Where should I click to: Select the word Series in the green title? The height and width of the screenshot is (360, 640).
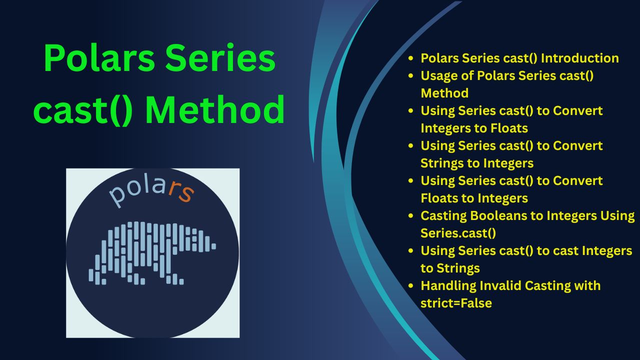point(220,58)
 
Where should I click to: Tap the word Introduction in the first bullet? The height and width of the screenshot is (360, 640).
point(580,58)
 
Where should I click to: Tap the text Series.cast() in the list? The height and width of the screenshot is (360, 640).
point(458,233)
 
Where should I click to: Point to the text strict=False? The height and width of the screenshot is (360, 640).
point(456,303)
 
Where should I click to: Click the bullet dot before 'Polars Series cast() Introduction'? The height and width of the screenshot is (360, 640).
point(411,58)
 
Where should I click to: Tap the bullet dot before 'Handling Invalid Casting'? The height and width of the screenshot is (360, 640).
point(411,285)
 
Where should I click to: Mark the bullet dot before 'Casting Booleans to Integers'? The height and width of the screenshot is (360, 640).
point(411,215)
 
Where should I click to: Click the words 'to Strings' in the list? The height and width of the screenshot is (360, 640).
point(450,268)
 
